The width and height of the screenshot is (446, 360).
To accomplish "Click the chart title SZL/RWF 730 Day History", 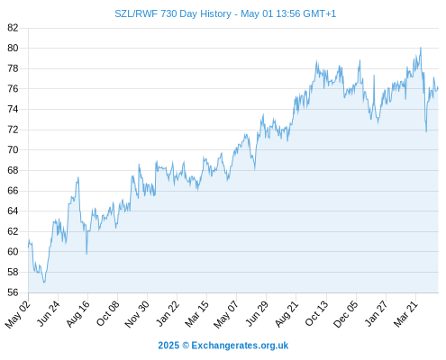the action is click(x=173, y=13).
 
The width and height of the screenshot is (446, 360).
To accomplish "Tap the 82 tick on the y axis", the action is click(x=13, y=28).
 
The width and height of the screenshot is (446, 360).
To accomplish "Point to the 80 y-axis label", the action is click(x=13, y=48).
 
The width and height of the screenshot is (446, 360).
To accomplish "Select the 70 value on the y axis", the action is click(x=13, y=149).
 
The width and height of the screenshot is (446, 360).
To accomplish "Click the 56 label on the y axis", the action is click(x=13, y=292).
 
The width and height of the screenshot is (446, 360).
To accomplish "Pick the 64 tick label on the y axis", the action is click(x=13, y=211).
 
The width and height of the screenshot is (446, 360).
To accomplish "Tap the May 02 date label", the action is click(x=18, y=314).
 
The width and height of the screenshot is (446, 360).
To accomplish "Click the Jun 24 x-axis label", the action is click(x=48, y=313).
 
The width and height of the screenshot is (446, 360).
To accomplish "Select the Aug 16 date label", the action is click(x=77, y=314).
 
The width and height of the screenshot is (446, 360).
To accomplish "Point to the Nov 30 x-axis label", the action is click(x=137, y=314).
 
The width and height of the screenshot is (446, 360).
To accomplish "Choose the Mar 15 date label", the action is click(x=196, y=314).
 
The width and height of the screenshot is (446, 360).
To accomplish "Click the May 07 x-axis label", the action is click(x=225, y=314).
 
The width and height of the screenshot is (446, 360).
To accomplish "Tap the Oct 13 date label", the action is click(x=316, y=314).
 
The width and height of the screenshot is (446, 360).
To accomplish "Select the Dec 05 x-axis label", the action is click(x=345, y=314).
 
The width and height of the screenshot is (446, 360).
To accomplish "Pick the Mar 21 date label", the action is click(x=405, y=314).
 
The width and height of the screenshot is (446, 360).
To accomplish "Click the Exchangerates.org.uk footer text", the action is click(x=240, y=346).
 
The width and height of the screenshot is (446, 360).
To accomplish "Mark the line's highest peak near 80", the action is click(x=421, y=48).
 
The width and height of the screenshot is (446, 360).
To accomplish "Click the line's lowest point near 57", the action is click(x=44, y=283).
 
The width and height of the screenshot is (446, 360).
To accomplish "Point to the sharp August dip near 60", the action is click(x=86, y=254).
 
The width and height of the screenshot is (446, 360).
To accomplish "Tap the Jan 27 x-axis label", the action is click(x=376, y=314).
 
